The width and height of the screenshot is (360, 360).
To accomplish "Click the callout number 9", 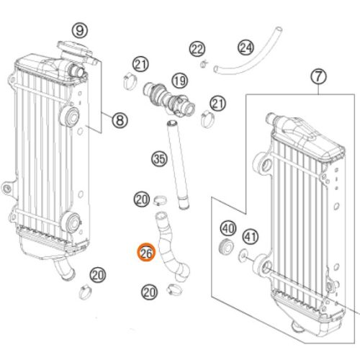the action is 80,30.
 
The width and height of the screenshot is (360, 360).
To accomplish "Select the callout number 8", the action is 120,120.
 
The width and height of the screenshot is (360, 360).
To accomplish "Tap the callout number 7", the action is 318,76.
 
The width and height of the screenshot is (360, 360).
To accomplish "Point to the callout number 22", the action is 197,49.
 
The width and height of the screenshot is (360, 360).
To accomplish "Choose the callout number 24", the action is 246,48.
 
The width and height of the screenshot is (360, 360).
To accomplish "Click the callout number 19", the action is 180,81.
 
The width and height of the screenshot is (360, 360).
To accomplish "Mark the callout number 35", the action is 159,159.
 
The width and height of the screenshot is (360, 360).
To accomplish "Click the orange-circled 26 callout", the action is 146,253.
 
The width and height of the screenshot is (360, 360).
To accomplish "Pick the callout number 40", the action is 228,228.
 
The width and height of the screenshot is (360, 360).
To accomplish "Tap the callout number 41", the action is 251,237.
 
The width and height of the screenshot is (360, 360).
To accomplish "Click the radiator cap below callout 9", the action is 74,48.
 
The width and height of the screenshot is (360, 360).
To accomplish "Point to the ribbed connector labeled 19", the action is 169,99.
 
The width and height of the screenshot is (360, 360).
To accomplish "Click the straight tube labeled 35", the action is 179,166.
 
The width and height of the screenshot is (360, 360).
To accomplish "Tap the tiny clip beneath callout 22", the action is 204,64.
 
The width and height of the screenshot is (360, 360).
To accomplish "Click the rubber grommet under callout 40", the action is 226,246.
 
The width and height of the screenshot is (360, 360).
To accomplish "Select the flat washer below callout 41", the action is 243,255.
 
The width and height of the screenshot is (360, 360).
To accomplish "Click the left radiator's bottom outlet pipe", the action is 64,269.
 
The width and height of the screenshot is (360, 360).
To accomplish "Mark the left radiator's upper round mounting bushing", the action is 70,117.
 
